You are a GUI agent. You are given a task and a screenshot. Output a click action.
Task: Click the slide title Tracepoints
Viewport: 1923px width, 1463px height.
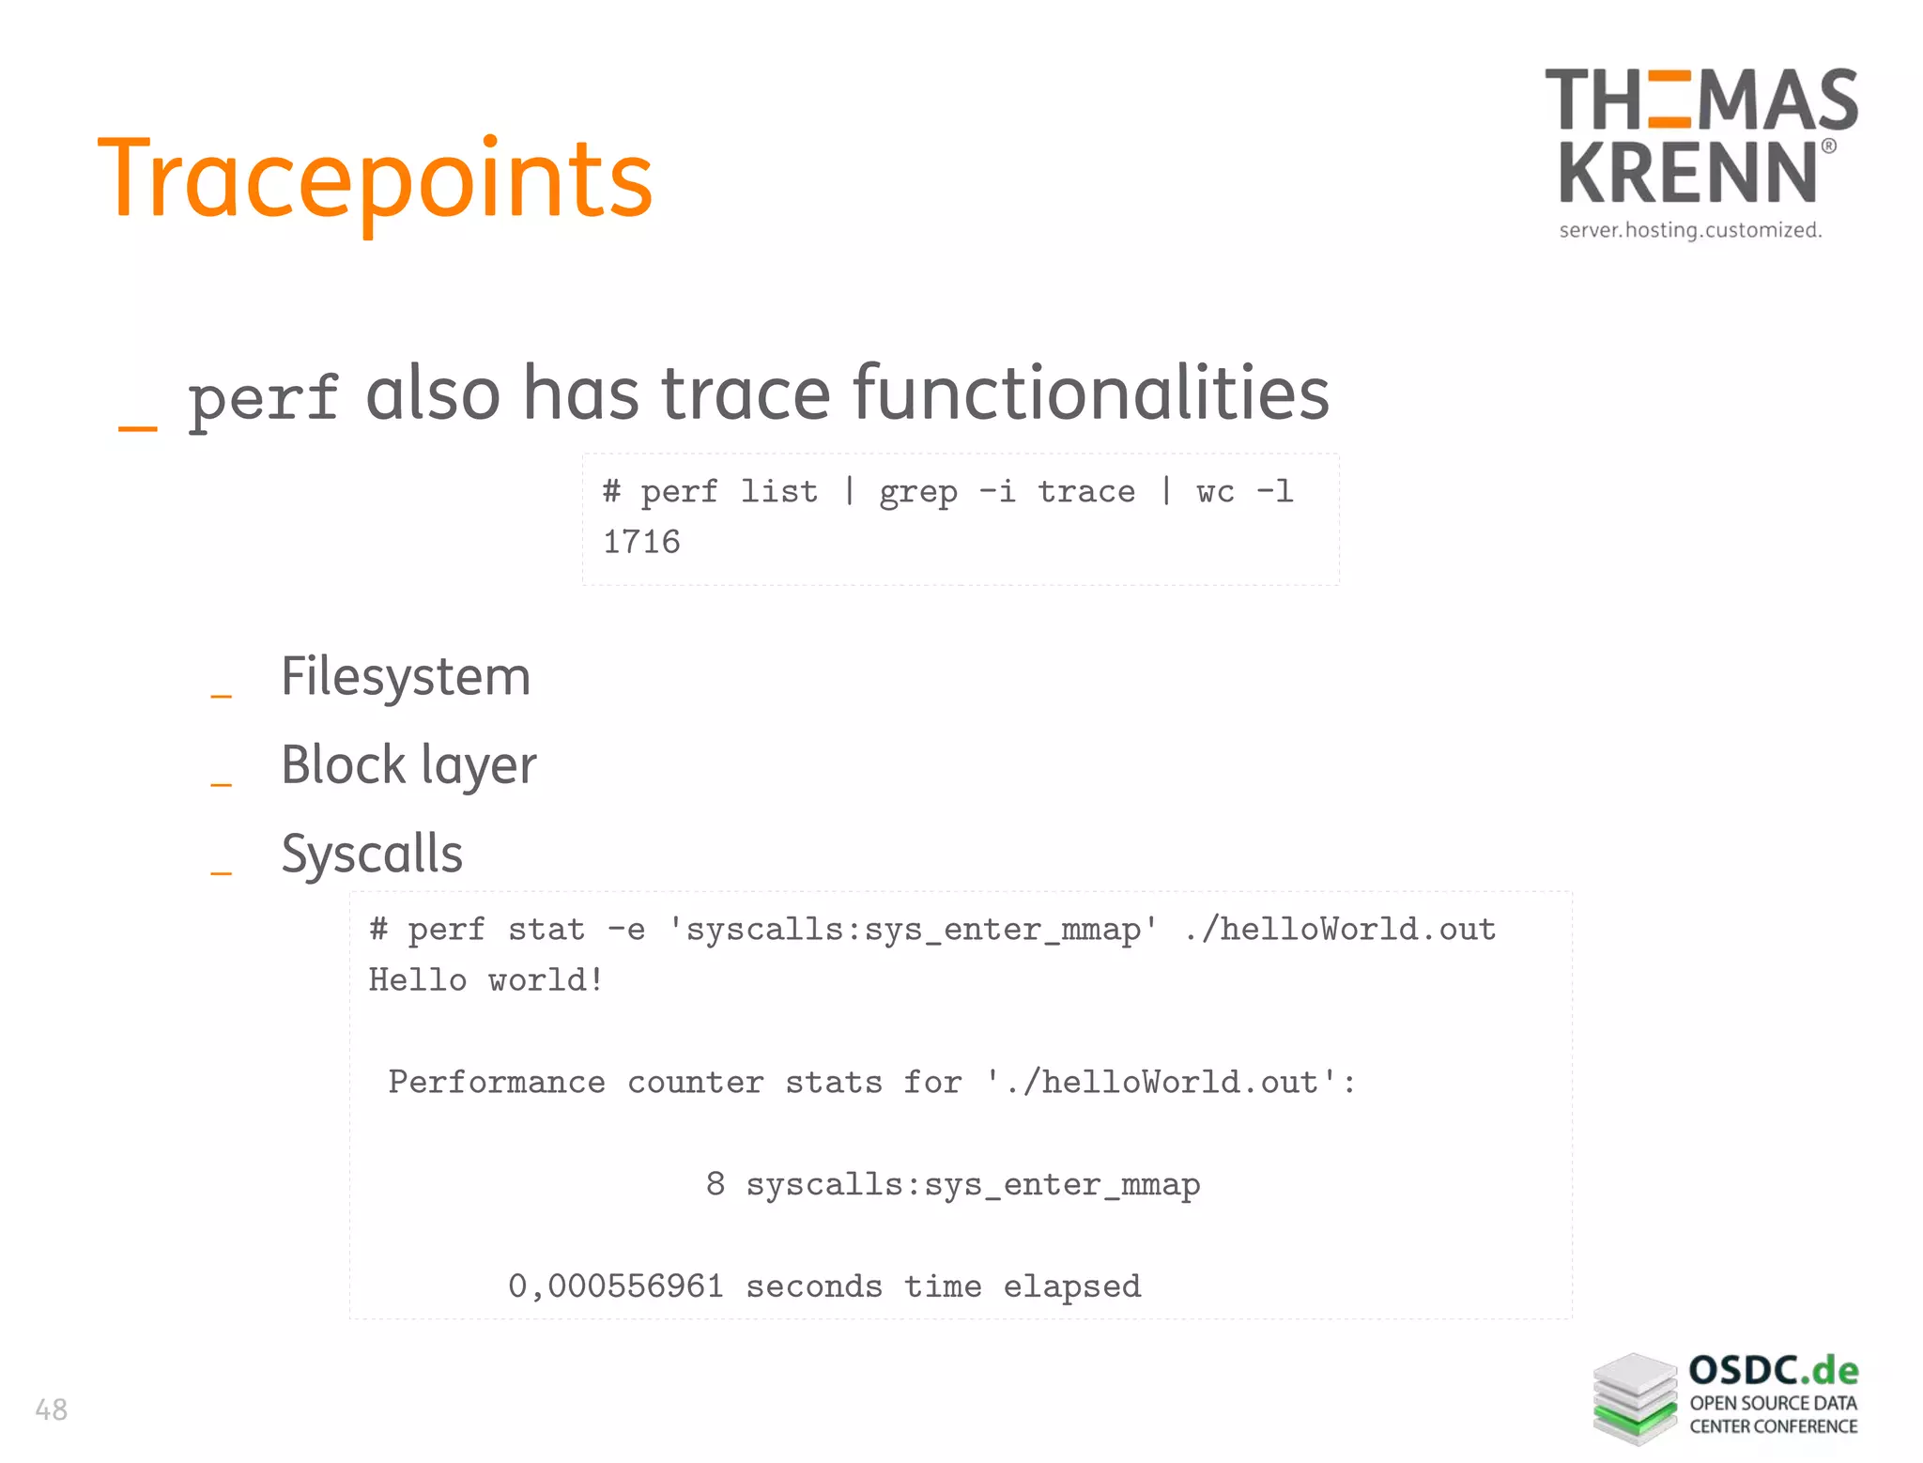pos(375,179)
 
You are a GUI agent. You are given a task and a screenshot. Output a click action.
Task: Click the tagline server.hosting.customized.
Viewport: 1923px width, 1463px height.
pos(1690,230)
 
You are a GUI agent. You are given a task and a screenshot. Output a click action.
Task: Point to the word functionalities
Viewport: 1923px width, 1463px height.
pos(1090,393)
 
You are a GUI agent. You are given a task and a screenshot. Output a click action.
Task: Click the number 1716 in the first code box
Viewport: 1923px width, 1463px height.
pos(641,542)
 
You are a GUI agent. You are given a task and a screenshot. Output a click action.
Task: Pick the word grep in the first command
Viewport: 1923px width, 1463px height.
pos(917,491)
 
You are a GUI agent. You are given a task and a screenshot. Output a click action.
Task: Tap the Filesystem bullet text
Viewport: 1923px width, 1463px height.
pos(406,677)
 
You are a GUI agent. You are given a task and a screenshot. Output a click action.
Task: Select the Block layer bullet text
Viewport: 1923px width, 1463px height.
pos(408,765)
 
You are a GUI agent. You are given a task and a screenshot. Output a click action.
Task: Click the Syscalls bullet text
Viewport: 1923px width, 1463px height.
pos(372,854)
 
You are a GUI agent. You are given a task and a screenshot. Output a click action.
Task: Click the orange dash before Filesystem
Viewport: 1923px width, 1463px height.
pos(221,696)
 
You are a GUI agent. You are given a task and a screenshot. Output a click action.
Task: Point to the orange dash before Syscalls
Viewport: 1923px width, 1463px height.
pos(221,873)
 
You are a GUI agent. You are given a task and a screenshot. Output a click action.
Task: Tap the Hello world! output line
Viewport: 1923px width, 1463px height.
pos(485,979)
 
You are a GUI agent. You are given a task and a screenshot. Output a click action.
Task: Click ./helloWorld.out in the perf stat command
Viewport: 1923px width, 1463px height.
pos(1340,929)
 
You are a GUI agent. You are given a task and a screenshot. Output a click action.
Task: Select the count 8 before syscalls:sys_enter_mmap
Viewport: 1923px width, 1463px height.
pos(715,1183)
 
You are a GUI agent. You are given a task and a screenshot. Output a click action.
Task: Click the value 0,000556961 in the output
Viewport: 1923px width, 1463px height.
pos(616,1286)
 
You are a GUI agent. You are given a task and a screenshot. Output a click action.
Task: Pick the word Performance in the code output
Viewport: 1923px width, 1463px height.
pos(497,1082)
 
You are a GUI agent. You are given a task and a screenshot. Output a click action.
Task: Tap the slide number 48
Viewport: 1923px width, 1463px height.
pos(51,1409)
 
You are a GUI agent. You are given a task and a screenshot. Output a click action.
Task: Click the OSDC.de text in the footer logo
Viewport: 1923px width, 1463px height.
pos(1773,1371)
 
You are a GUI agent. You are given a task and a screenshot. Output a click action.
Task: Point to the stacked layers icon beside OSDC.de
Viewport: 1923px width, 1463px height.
pos(1634,1398)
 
